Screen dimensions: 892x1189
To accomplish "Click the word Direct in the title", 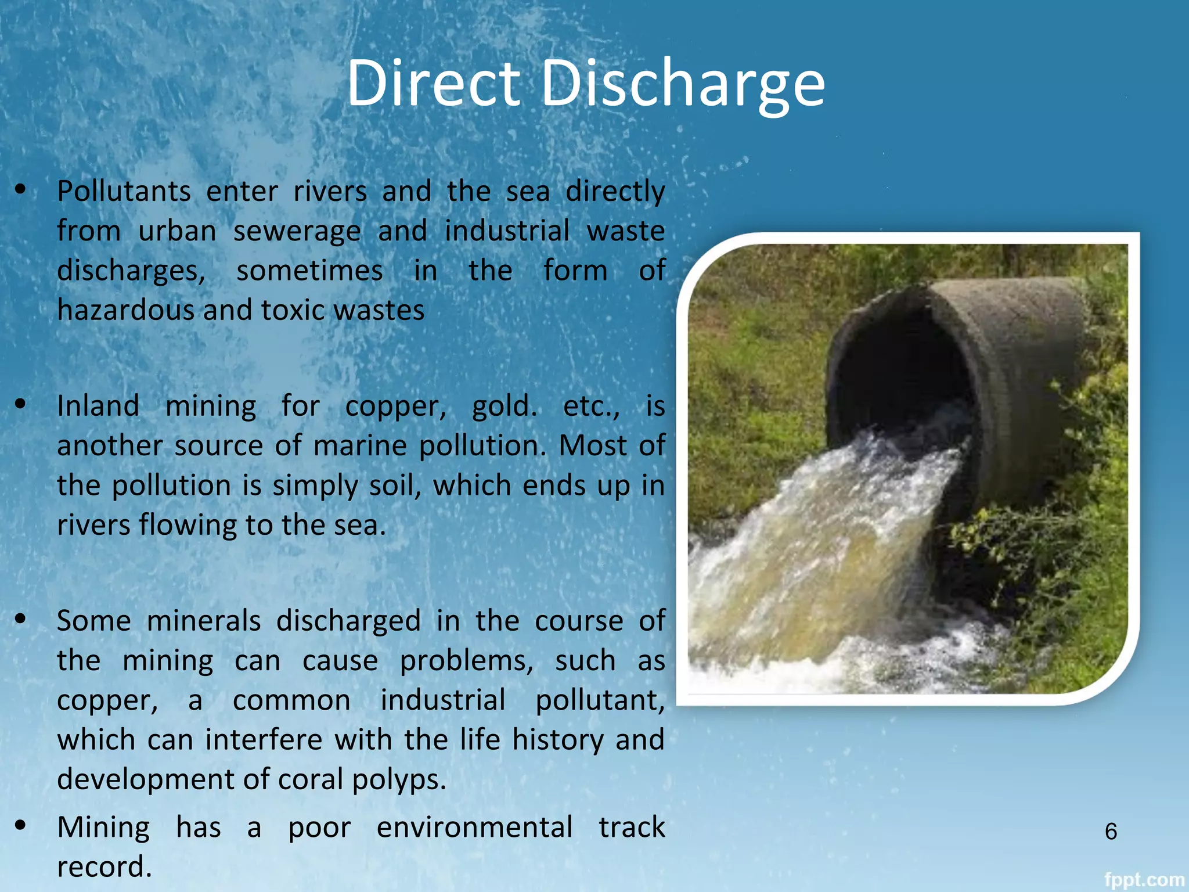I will (x=433, y=83).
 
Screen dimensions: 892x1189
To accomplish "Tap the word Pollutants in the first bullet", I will (x=124, y=192).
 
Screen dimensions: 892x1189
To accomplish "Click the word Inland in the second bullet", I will (x=98, y=406).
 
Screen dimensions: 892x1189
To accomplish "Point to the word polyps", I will (x=399, y=780).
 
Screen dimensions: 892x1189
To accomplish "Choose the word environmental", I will (x=474, y=827).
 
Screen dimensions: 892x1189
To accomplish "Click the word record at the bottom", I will (x=104, y=867).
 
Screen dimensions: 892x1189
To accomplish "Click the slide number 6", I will (x=1111, y=832).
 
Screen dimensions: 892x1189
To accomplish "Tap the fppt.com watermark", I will (x=1143, y=880).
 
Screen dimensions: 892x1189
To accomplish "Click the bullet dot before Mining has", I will (x=21, y=825).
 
